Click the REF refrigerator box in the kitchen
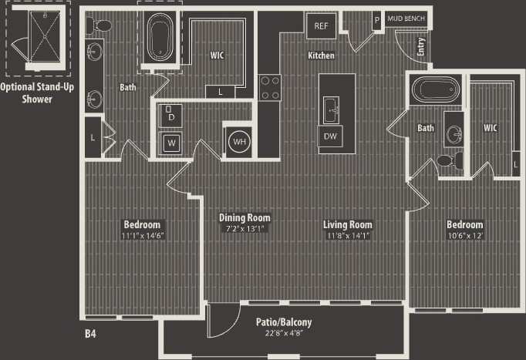[x=321, y=25]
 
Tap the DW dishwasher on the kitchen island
[x=331, y=136]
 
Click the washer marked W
[x=170, y=143]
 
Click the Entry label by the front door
[x=420, y=47]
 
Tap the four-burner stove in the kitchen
[x=269, y=86]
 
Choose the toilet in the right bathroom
[x=447, y=160]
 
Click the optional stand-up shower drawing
[x=36, y=37]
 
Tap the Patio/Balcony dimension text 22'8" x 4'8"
[x=284, y=334]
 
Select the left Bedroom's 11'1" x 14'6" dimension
[x=143, y=236]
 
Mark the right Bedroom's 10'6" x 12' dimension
[x=465, y=236]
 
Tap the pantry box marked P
[x=376, y=19]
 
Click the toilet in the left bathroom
[x=95, y=26]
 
